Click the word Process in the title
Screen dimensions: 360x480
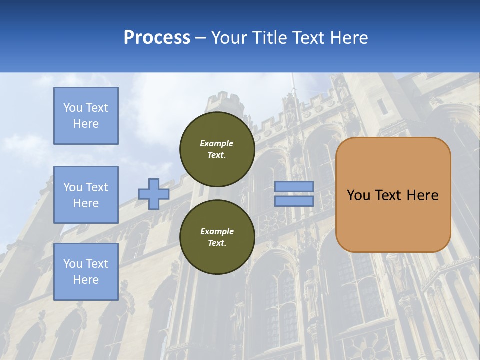(157, 37)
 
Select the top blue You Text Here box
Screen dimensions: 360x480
(86, 116)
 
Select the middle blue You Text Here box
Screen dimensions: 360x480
(86, 195)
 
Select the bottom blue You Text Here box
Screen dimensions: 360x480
(86, 272)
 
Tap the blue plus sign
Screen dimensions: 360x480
(153, 194)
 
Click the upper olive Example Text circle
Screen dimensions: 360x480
(217, 149)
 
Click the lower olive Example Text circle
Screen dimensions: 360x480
(217, 237)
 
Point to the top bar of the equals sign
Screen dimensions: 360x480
(294, 186)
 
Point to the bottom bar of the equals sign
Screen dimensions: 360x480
(294, 201)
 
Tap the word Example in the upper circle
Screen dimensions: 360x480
(217, 143)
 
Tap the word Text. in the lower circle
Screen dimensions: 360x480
(217, 243)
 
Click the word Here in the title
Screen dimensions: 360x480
(349, 37)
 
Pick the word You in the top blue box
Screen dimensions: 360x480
(72, 108)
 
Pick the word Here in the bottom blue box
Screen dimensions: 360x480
(86, 280)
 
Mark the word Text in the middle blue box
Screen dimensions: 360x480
(96, 187)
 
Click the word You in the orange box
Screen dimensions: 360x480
(358, 195)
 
